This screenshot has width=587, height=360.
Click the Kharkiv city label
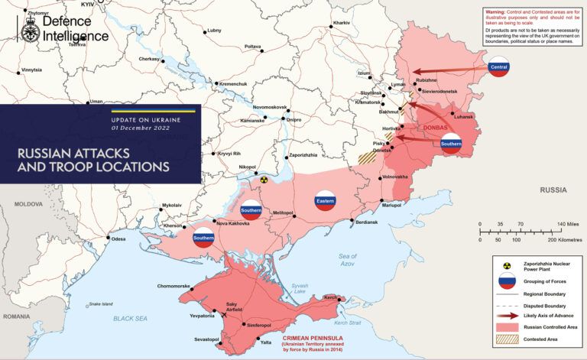pos(341,24)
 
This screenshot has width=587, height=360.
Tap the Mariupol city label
pos(391,205)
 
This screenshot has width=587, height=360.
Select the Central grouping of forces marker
pos(498,66)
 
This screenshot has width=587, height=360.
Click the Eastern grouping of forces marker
pos(325,201)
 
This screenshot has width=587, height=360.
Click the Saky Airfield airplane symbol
pos(224,313)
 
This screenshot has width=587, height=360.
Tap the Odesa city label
pos(118,239)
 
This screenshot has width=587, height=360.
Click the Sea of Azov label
pos(347,260)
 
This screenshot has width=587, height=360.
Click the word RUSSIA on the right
pos(553,190)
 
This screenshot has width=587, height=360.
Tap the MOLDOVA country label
pos(28,204)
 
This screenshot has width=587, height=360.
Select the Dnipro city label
pos(293,120)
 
